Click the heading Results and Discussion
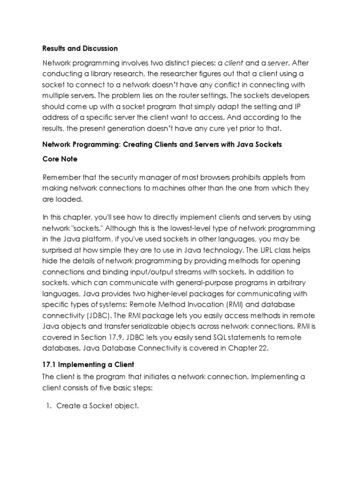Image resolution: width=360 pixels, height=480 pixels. pyautogui.click(x=80, y=48)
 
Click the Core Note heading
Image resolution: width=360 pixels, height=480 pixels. pyautogui.click(x=60, y=159)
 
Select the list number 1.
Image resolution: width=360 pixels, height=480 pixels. pyautogui.click(x=47, y=406)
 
